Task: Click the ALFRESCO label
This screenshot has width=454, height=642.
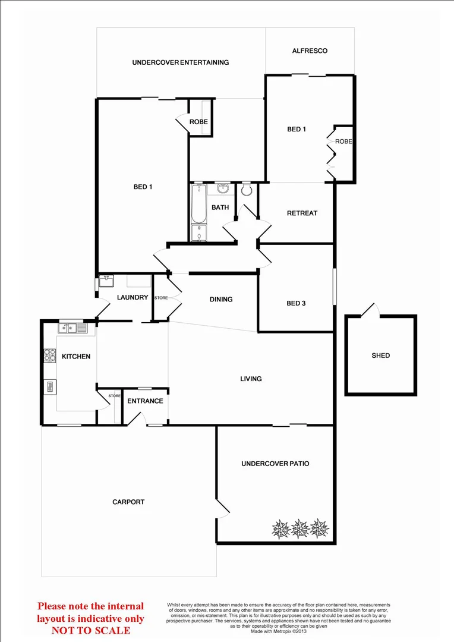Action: [x=310, y=51]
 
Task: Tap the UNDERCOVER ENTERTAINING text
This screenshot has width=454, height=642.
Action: [x=181, y=62]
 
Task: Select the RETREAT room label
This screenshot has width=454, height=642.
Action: [x=302, y=213]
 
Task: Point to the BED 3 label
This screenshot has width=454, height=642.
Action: [x=296, y=303]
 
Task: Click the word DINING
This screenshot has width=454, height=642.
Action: [x=221, y=300]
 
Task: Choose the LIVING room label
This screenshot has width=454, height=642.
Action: [x=251, y=379]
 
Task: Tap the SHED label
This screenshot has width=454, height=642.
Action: [x=381, y=355]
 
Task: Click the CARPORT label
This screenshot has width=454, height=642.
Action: [x=128, y=502]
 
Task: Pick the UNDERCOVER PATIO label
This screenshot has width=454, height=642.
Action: [x=275, y=464]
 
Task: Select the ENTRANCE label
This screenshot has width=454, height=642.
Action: [x=145, y=401]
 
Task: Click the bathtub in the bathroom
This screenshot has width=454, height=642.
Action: [x=198, y=212]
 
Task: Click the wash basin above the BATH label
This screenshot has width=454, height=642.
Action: [x=223, y=189]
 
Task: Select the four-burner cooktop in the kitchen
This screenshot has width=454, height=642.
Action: [x=49, y=355]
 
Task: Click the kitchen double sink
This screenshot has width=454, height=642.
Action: [x=72, y=328]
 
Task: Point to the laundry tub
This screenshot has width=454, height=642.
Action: [x=108, y=279]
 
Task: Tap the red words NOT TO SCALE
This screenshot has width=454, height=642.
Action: [x=91, y=630]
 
